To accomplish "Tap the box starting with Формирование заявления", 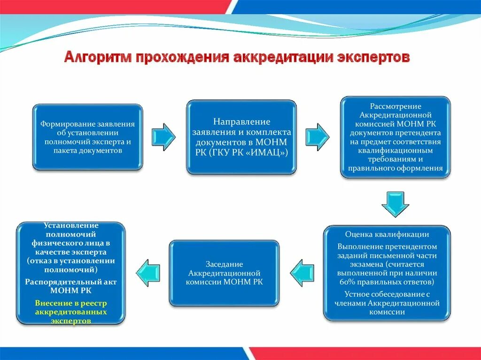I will [87, 137].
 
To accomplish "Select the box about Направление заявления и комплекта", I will [241, 137].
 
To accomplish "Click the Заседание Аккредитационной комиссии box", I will [225, 273].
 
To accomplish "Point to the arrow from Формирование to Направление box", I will [164, 137].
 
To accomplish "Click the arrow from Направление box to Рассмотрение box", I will [318, 137].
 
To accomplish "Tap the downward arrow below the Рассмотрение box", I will [395, 203].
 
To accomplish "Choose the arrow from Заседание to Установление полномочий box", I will [148, 273].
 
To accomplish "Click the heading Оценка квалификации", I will [387, 234].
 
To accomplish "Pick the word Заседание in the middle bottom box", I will [224, 264].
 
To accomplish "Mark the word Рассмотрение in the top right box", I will [396, 106].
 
